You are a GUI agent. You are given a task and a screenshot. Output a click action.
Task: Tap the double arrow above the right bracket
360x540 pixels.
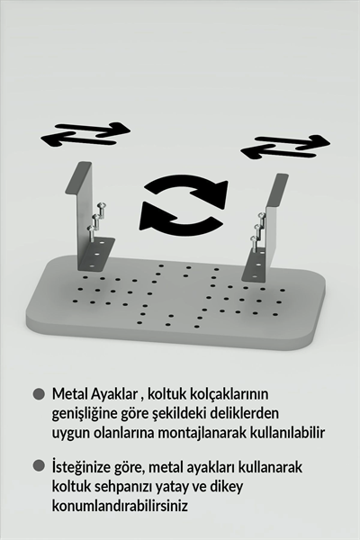coord(285,145)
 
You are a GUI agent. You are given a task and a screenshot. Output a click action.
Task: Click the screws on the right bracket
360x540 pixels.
coord(257,229)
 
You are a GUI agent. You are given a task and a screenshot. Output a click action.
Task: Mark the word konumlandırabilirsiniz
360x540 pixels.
coord(120,507)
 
